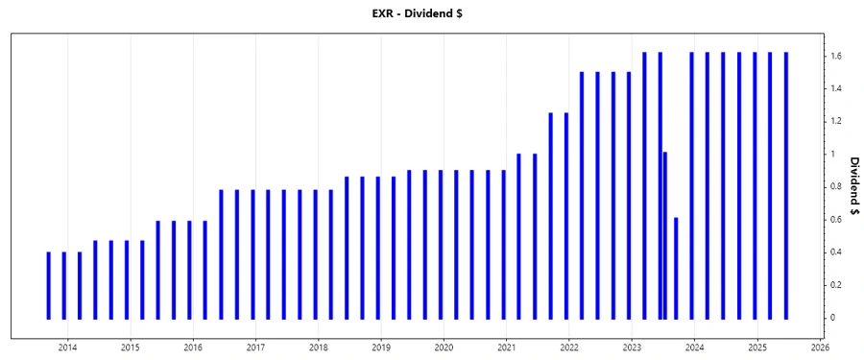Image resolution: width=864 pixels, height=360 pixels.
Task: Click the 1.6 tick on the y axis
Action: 838,57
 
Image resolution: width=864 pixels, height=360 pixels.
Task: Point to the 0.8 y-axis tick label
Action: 838,187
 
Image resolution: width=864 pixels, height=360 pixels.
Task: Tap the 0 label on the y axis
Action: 834,318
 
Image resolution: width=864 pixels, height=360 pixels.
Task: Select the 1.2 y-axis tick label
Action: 838,122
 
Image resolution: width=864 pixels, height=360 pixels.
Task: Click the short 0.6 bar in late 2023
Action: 676,269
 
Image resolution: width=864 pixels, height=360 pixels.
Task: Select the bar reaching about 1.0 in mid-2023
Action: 664,235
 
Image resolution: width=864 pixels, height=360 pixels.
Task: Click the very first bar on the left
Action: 48,285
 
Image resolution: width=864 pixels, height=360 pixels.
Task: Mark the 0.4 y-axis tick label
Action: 838,252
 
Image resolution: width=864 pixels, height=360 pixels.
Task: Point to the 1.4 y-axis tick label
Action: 838,89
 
